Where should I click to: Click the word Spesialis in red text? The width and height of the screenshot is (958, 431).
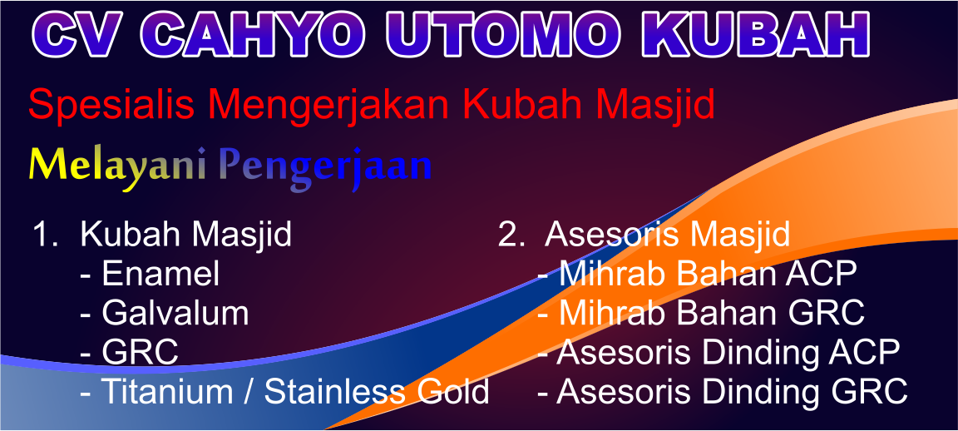111,105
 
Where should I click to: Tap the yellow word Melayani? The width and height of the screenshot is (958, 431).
117,166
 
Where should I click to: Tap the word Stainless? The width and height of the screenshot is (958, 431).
334,392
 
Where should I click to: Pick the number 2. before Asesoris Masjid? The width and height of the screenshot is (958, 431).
511,235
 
